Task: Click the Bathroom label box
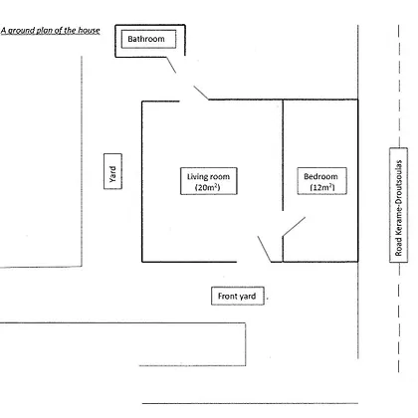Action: tap(148, 39)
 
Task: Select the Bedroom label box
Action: tap(322, 181)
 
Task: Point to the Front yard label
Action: tap(238, 296)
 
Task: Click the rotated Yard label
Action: tap(112, 171)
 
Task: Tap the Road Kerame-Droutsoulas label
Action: tap(398, 205)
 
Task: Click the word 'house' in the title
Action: tap(89, 31)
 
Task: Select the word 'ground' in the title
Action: tap(21, 31)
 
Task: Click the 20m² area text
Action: tap(208, 187)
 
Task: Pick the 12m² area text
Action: tap(322, 187)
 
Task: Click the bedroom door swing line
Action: tap(294, 227)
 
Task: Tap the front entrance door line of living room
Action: tap(265, 249)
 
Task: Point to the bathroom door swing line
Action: tap(171, 65)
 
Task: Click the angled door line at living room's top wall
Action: tap(201, 93)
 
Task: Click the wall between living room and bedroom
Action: tap(283, 155)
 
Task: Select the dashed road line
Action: tap(399, 198)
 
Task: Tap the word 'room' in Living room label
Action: tap(220, 177)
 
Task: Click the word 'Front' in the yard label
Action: tap(227, 296)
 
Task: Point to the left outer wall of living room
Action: tap(142, 181)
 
